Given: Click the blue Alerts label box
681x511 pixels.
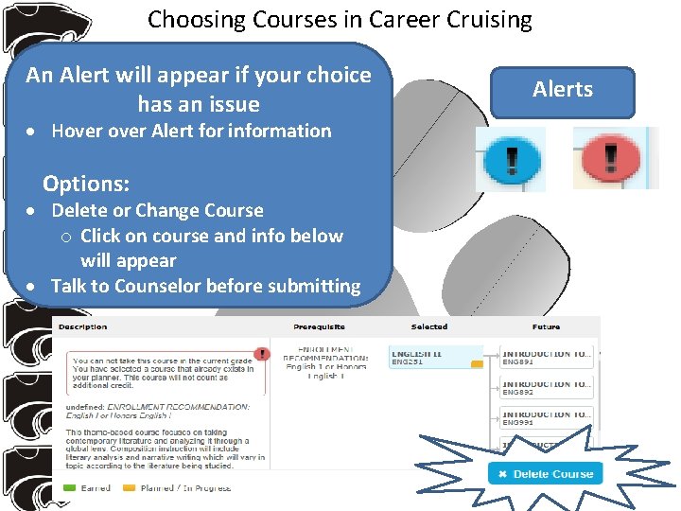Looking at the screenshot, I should point(562,91).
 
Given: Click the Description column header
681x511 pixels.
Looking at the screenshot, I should point(82,327).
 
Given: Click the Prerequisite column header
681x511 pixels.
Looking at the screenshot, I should point(319,327).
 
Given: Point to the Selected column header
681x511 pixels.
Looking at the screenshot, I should point(429,327).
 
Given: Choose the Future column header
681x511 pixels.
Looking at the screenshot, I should point(546,327).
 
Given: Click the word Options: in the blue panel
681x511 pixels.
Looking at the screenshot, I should point(86,184).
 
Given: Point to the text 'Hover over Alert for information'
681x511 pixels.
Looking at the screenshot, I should point(191,132).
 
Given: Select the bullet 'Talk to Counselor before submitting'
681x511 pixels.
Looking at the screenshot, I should point(205,286).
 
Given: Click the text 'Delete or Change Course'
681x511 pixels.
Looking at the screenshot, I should point(157,210).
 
